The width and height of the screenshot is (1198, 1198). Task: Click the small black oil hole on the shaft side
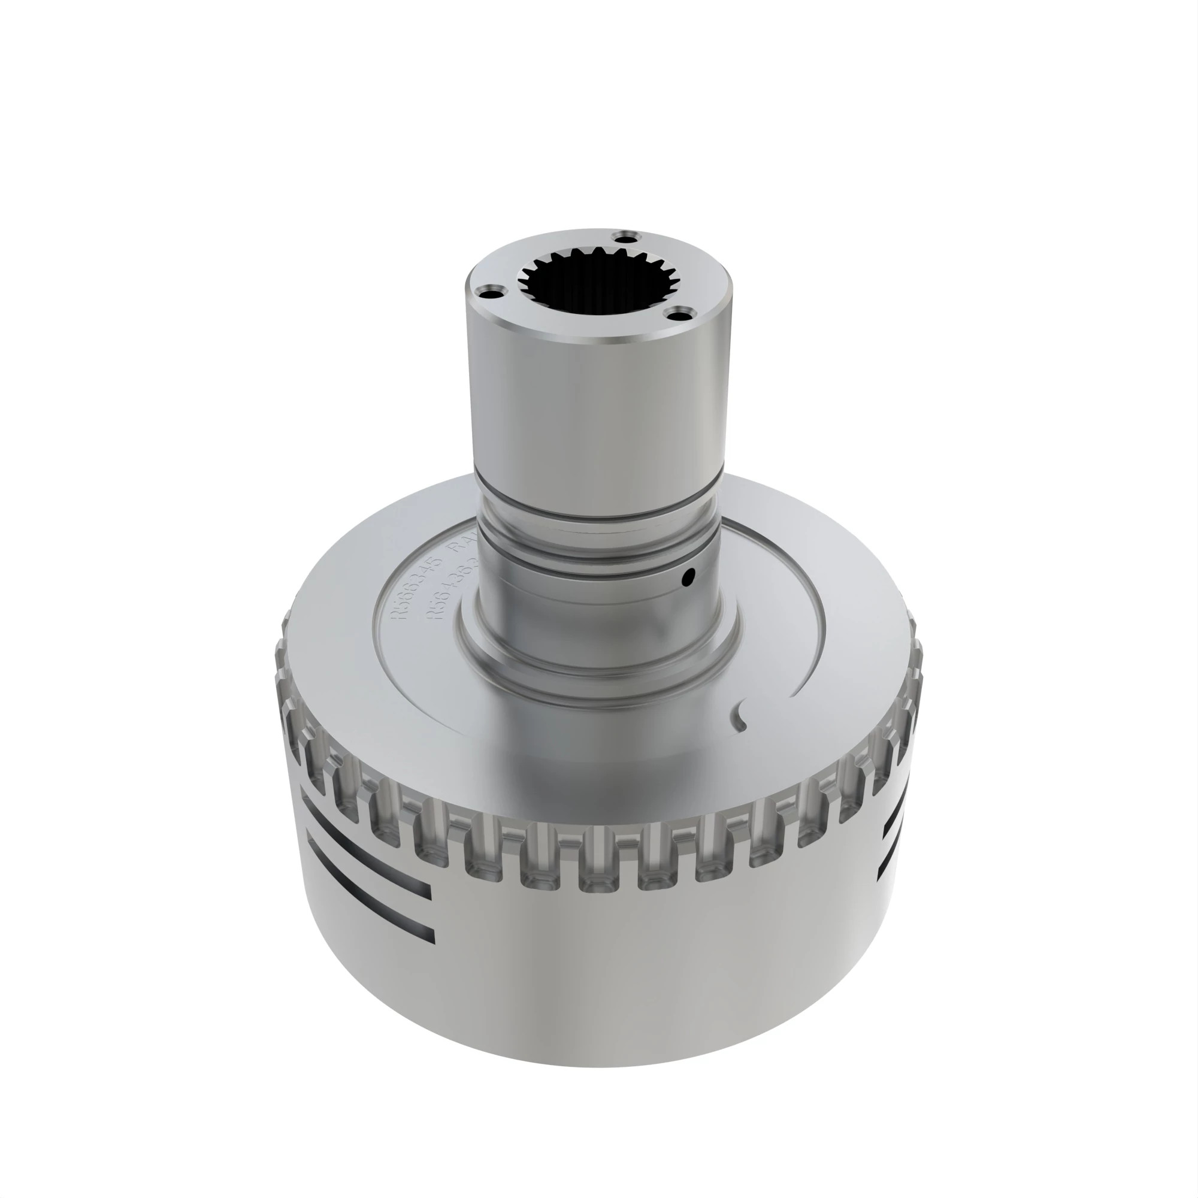click(x=686, y=579)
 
